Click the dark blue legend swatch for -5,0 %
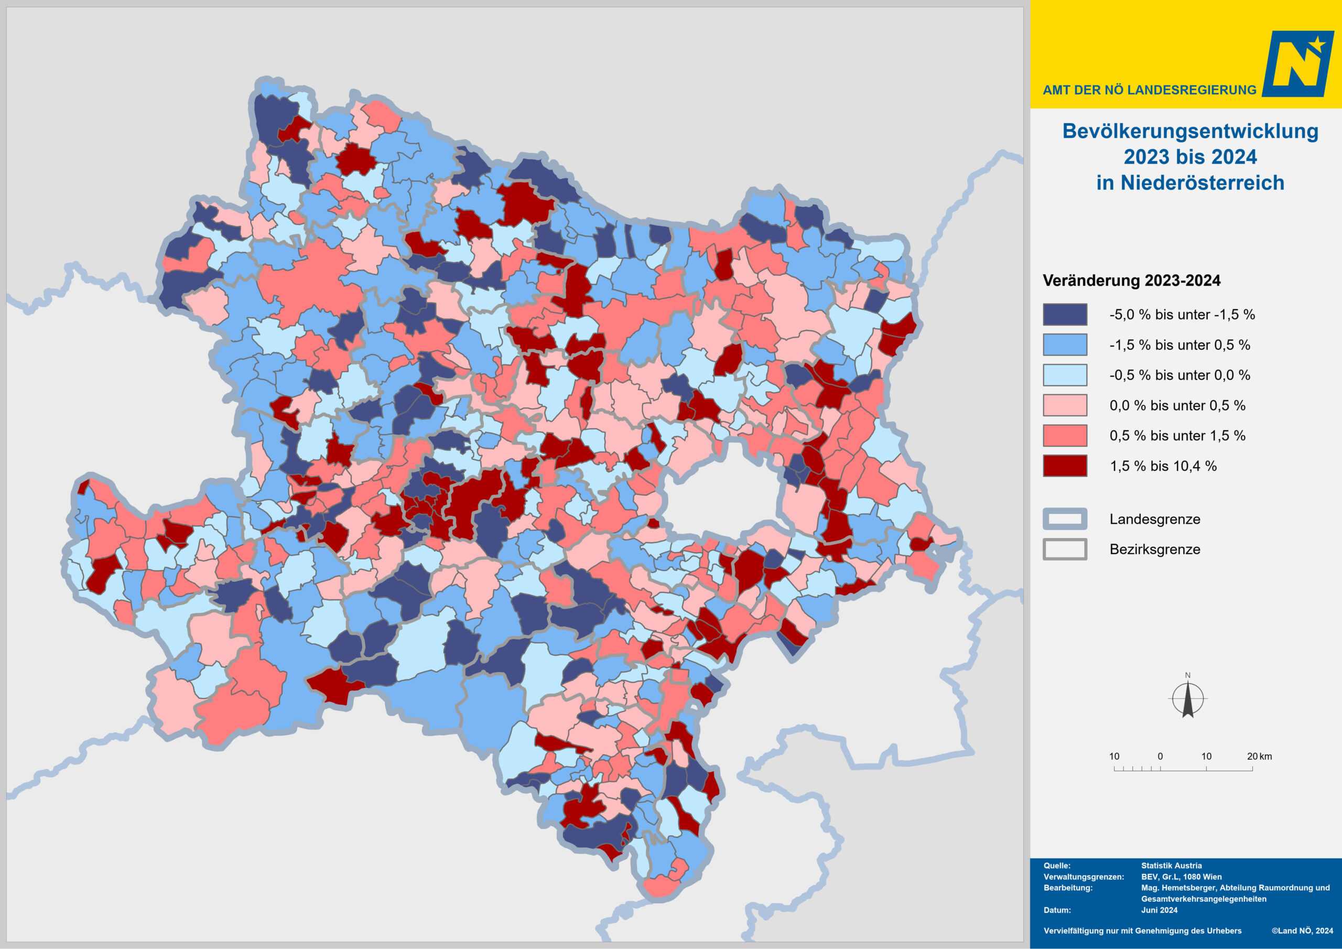(x=1065, y=315)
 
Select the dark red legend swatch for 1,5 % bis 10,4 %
(x=1065, y=466)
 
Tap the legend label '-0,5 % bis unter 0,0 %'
(x=1179, y=375)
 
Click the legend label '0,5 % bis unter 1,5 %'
(x=1177, y=436)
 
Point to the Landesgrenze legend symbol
(x=1065, y=519)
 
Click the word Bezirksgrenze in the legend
(x=1154, y=549)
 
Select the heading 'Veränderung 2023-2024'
(x=1132, y=281)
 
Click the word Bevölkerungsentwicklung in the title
(x=1190, y=131)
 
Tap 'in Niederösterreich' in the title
(x=1190, y=183)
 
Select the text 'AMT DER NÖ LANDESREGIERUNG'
(x=1149, y=90)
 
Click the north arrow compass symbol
(x=1188, y=699)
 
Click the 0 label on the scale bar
(x=1160, y=757)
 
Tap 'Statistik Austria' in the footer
(x=1171, y=866)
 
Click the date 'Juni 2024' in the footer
(x=1159, y=910)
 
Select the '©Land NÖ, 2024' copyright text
(x=1302, y=931)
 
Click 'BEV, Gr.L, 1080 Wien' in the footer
(x=1181, y=877)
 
